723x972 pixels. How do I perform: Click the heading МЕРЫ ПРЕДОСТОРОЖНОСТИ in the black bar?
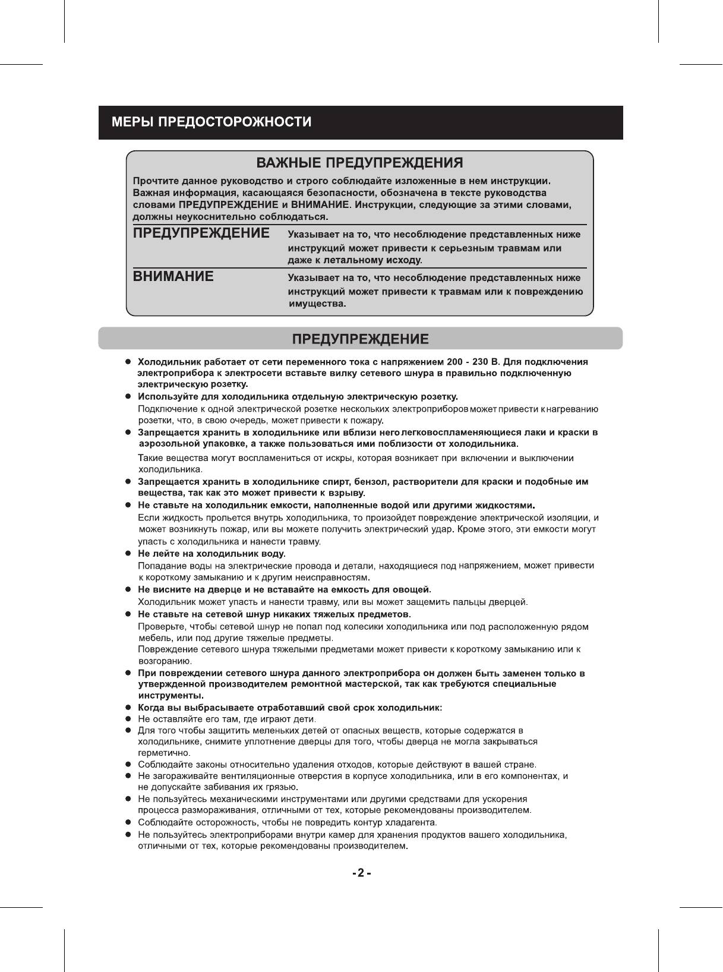click(x=212, y=122)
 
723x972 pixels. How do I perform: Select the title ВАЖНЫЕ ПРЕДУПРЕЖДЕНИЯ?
click(x=359, y=163)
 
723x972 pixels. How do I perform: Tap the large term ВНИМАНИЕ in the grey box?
click(x=173, y=276)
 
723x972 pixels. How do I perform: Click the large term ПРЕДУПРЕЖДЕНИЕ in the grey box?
click(x=201, y=233)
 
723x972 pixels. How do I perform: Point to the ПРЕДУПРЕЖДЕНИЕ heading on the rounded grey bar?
click(x=361, y=339)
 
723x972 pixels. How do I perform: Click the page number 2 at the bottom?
click(x=361, y=873)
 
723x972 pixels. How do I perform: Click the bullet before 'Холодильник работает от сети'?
click(x=127, y=362)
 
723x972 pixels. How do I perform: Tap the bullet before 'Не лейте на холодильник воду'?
click(x=127, y=554)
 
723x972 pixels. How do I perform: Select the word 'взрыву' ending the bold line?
click(x=347, y=493)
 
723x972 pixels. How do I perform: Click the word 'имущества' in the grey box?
click(x=316, y=304)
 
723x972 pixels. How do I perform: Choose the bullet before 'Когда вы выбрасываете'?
click(x=127, y=708)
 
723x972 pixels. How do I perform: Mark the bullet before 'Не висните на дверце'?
click(x=127, y=589)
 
